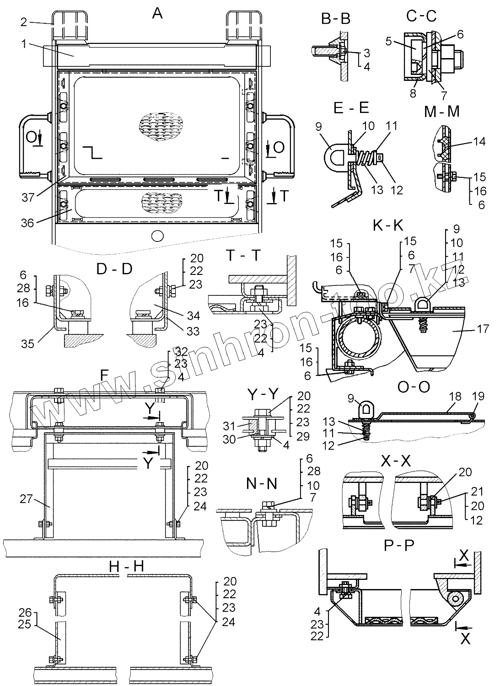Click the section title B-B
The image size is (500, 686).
coord(336,19)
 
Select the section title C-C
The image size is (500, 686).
coord(421,16)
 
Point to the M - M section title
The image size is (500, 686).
coord(441,111)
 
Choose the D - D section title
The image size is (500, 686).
coord(114,269)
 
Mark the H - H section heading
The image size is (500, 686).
coord(126,567)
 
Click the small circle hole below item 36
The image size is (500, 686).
coord(157,236)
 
